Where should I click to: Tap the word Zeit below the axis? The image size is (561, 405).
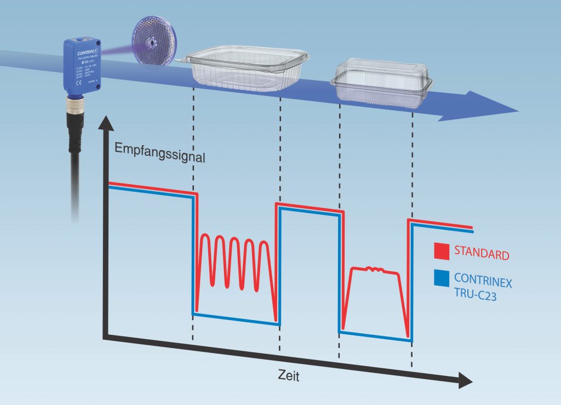pyautogui.click(x=288, y=377)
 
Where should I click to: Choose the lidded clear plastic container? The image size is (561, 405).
pyautogui.click(x=381, y=82)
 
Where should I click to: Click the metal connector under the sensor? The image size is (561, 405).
pyautogui.click(x=74, y=110)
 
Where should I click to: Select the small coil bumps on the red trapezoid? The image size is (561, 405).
pyautogui.click(x=376, y=269)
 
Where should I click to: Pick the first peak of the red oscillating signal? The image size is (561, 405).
pyautogui.click(x=205, y=237)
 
